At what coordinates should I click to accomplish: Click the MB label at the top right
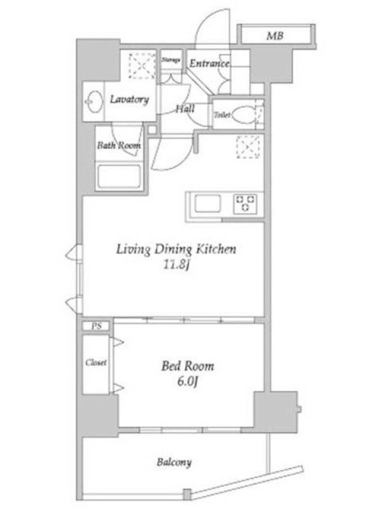[x=275, y=36]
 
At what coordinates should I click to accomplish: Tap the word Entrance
[x=209, y=63]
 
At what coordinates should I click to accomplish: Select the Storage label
[x=171, y=60]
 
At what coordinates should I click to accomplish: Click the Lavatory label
[x=129, y=99]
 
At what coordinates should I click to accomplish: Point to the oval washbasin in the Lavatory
[x=94, y=102]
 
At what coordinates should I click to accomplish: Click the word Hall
[x=185, y=108]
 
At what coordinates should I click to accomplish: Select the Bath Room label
[x=119, y=145]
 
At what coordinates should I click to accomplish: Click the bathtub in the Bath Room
[x=119, y=177]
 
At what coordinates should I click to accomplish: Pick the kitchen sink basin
[x=208, y=204]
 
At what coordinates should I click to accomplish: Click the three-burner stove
[x=245, y=204]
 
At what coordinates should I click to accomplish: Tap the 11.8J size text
[x=176, y=265]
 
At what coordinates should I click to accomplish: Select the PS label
[x=97, y=326]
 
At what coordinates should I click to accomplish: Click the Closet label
[x=96, y=362]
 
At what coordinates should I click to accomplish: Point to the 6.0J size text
[x=188, y=381]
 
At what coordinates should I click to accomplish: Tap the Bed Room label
[x=188, y=366]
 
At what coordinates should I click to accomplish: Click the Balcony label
[x=174, y=462]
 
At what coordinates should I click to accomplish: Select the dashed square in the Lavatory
[x=142, y=66]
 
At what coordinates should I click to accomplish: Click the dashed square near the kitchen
[x=248, y=147]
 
